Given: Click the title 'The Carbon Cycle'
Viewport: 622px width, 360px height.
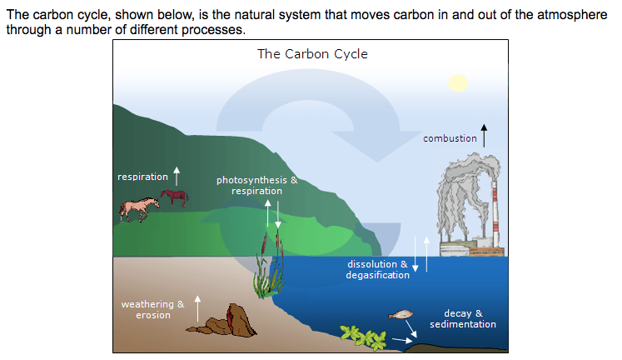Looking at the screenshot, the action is [312, 53].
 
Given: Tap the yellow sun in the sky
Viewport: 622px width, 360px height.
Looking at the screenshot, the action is [458, 83].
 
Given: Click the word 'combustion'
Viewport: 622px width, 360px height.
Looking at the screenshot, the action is [450, 138].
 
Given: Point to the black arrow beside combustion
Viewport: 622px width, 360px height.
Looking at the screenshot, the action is [484, 136].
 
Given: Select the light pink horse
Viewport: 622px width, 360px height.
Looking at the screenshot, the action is [138, 209].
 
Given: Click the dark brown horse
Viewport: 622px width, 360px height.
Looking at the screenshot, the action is [175, 197].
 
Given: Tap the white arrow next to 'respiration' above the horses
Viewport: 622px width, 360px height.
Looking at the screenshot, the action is [177, 176].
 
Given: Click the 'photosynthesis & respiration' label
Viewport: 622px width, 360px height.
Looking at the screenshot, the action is [257, 185].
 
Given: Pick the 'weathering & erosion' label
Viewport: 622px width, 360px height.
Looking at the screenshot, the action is [152, 310].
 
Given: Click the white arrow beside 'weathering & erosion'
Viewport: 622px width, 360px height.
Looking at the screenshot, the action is [197, 308].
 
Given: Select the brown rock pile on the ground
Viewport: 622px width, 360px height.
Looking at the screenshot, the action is [224, 321].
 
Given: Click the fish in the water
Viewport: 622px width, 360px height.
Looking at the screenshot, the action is [401, 315].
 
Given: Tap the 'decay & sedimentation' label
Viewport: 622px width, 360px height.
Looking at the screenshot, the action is [463, 318].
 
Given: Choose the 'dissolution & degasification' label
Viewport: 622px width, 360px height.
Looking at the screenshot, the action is [377, 269].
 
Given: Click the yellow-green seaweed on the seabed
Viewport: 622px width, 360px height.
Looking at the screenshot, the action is [363, 337].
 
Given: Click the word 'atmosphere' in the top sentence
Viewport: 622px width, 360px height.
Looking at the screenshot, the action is [572, 15].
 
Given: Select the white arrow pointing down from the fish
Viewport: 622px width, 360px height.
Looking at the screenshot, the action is [411, 328].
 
